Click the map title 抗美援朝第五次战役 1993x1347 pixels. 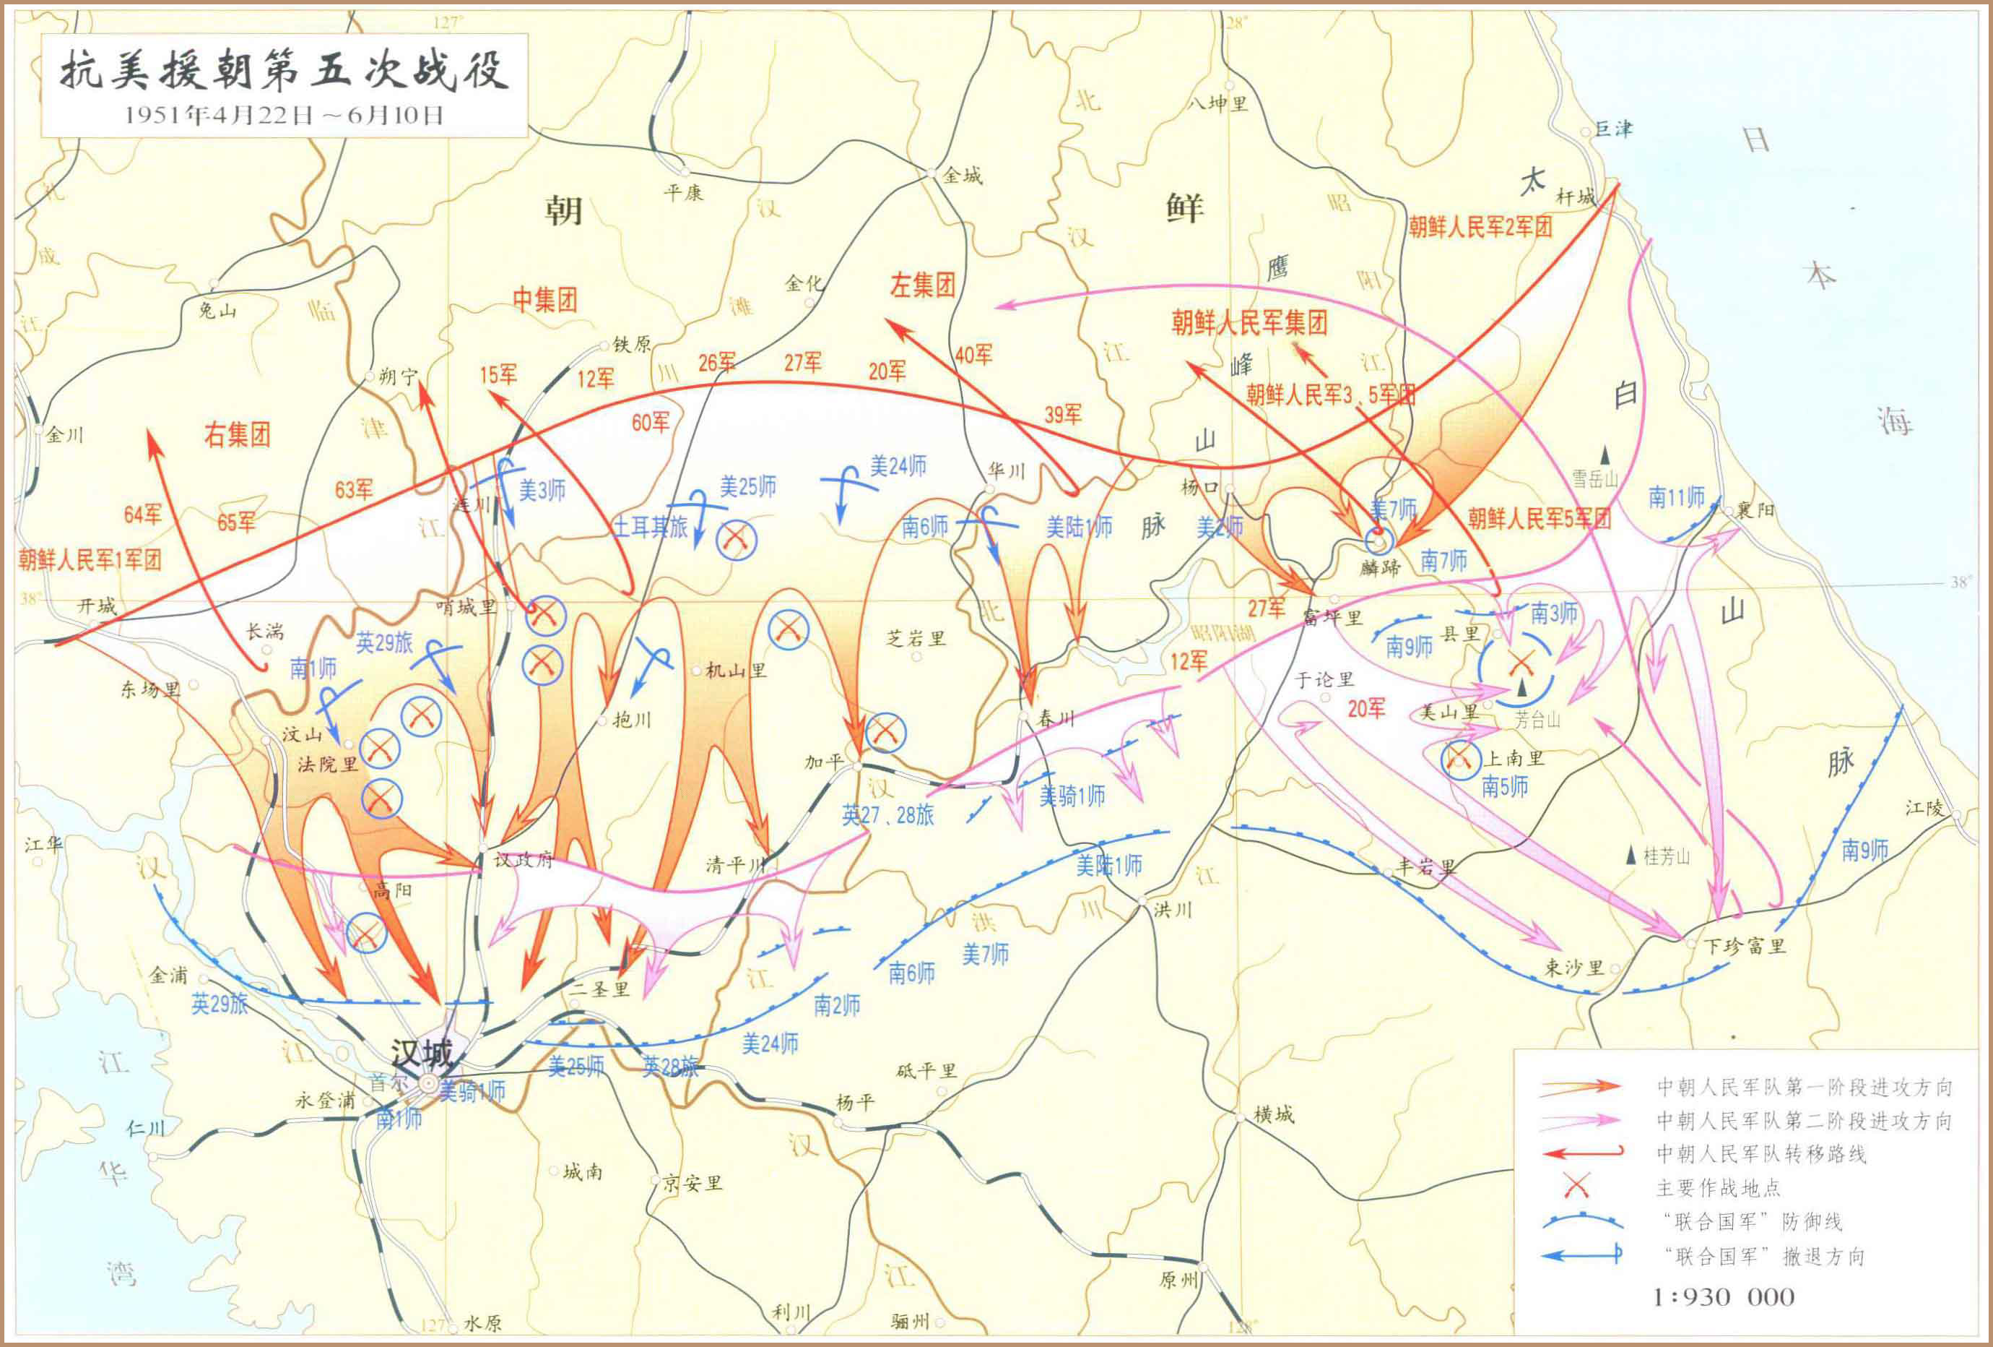click(284, 70)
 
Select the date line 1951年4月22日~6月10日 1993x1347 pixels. click(284, 115)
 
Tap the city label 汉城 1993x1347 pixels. click(421, 1053)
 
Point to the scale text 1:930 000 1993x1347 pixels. click(1724, 1296)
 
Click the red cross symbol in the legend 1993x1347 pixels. click(1576, 1187)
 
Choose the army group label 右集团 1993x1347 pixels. click(237, 434)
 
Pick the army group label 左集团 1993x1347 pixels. click(922, 285)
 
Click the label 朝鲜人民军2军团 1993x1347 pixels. click(1480, 226)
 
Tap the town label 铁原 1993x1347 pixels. click(632, 345)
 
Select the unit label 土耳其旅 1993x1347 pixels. click(651, 527)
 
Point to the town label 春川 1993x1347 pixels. click(1056, 719)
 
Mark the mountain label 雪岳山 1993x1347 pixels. click(1594, 478)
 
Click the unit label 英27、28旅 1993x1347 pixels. click(887, 814)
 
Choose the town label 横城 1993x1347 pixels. click(1274, 1114)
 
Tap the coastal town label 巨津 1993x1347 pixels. click(1612, 129)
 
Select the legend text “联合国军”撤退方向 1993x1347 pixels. click(1764, 1256)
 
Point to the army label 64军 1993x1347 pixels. click(142, 514)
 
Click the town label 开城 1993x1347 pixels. click(96, 606)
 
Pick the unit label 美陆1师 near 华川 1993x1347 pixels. click(1079, 527)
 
